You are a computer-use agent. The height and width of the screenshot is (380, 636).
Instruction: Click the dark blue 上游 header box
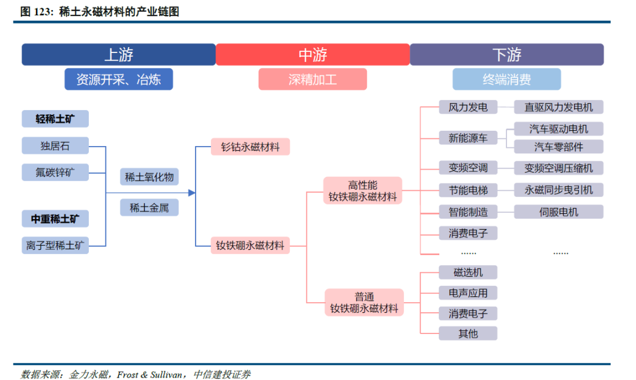(x=118, y=55)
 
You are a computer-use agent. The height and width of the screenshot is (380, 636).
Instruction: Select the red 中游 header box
(x=312, y=55)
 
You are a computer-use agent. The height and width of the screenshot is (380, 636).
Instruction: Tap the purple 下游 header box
(x=506, y=55)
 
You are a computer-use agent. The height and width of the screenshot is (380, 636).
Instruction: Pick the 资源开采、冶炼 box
(x=118, y=79)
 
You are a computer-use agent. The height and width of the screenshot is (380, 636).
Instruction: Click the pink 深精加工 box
(x=312, y=79)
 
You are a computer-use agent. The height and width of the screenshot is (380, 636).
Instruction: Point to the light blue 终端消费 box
(x=506, y=79)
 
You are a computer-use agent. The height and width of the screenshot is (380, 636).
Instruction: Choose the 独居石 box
(x=55, y=146)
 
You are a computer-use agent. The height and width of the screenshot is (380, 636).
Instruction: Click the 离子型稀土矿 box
(x=55, y=245)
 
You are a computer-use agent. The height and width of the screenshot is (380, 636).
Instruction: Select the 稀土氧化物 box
(x=149, y=177)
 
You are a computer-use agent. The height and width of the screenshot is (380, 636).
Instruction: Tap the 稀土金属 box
(x=149, y=207)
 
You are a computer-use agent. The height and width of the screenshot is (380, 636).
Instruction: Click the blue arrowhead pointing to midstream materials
(x=191, y=193)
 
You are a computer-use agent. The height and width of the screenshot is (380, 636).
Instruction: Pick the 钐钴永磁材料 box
(x=250, y=147)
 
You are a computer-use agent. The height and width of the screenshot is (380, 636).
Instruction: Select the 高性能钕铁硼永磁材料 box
(x=363, y=191)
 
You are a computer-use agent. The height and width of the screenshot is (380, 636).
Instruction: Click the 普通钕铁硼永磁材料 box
(x=364, y=302)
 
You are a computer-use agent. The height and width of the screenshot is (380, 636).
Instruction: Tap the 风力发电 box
(x=468, y=107)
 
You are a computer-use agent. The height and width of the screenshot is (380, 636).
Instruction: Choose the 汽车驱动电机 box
(x=558, y=128)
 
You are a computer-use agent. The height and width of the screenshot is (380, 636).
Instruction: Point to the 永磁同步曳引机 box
(x=558, y=190)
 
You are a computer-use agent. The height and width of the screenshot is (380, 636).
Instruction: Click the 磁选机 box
(x=468, y=272)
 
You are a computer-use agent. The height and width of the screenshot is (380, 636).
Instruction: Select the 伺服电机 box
(x=558, y=212)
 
